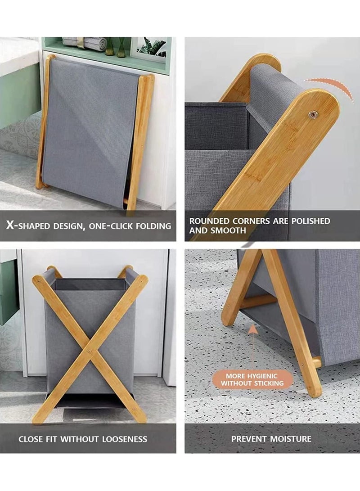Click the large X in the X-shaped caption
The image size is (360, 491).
[10, 225]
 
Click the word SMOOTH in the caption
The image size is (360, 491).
[228, 231]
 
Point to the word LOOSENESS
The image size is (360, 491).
[125, 439]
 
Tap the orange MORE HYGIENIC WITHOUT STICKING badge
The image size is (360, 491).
[252, 379]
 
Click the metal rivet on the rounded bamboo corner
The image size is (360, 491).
[311, 115]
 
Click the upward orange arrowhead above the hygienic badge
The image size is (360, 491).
[253, 329]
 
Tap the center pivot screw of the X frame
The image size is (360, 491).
[90, 351]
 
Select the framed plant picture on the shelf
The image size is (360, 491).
[149, 49]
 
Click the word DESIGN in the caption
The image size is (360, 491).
[68, 226]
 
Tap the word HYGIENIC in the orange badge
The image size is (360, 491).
[262, 376]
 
